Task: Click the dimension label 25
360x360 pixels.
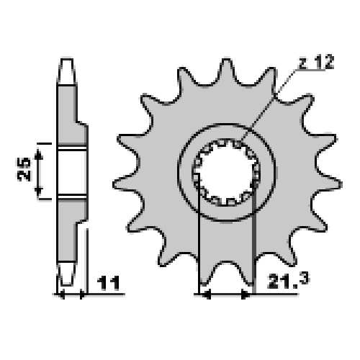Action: click(24, 169)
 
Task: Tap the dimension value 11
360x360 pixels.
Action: click(109, 283)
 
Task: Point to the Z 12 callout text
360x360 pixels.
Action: click(316, 63)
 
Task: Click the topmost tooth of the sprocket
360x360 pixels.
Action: click(226, 70)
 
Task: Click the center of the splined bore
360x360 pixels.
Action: click(227, 172)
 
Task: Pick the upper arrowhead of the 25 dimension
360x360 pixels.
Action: click(38, 154)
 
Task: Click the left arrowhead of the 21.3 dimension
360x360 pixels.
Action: click(206, 294)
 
